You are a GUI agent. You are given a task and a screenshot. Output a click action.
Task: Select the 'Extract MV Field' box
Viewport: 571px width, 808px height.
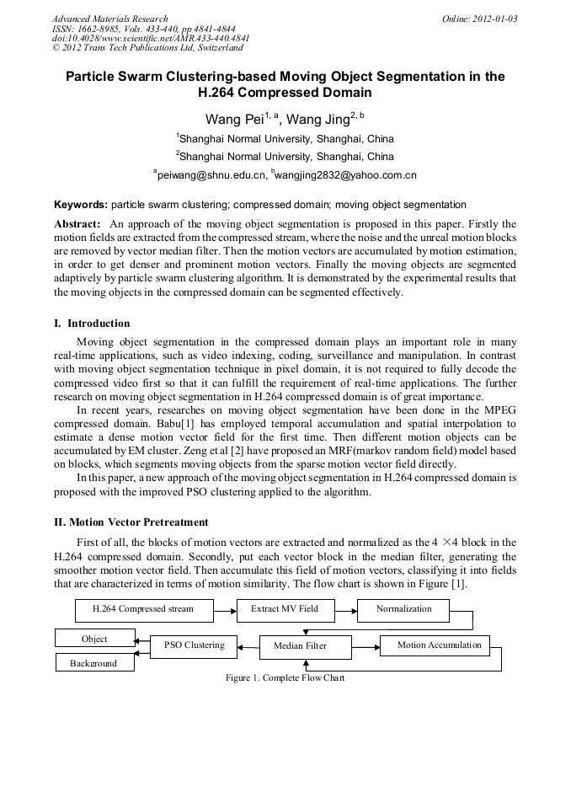284,609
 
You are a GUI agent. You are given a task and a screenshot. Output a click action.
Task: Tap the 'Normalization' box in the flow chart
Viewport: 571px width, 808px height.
403,609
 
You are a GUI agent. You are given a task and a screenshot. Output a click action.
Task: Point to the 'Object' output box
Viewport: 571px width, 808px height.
93,639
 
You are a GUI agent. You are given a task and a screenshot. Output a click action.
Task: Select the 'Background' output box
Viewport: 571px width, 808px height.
93,663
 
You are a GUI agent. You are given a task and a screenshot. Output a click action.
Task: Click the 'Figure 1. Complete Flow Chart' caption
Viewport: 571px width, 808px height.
285,677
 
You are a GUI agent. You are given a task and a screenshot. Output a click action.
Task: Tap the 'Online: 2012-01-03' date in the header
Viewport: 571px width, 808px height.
481,19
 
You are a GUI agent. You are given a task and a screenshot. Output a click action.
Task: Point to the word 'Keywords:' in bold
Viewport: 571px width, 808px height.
80,205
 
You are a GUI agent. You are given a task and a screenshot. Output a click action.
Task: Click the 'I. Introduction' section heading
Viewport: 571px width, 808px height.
92,324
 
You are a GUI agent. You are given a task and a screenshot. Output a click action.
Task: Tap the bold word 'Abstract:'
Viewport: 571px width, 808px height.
77,224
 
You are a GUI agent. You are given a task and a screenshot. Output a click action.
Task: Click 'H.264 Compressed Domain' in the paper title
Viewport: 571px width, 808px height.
285,93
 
